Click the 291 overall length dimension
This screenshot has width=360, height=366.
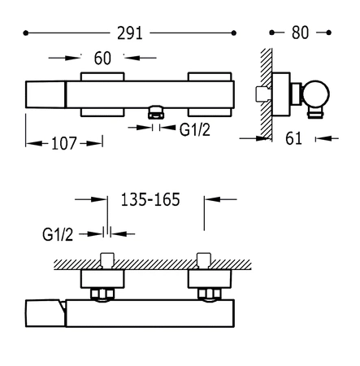pos(130,33)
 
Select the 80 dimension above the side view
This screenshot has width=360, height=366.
pos(300,33)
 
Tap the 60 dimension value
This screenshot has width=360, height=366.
pos(102,58)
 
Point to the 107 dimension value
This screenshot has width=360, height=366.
pos(64,143)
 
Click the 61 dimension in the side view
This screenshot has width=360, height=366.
pos(293,138)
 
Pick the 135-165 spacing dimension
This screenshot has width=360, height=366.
pos(150,199)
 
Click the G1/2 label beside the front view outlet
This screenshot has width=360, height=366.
pos(194,129)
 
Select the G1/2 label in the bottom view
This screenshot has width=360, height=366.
pos(58,234)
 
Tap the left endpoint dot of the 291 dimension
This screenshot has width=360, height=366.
pos(26,33)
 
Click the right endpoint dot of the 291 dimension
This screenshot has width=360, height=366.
pos(234,33)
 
